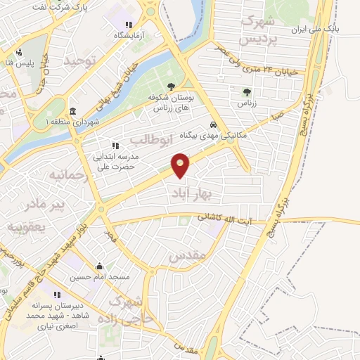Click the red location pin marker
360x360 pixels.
181,165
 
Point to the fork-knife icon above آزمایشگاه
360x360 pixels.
129,25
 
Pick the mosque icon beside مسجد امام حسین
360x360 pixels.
99,266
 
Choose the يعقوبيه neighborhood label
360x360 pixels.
26,228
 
